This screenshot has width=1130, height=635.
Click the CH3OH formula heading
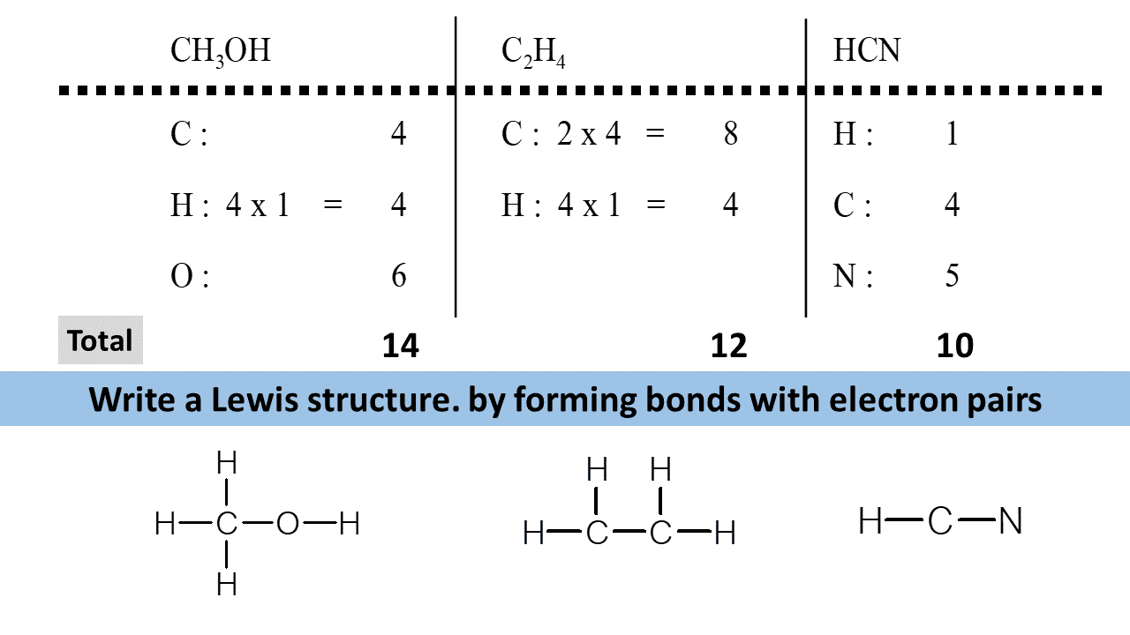click(x=220, y=52)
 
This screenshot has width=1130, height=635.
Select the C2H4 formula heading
click(x=532, y=52)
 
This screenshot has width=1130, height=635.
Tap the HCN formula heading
click(x=866, y=51)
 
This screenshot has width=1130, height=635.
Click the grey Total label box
click(x=100, y=340)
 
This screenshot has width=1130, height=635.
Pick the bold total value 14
click(x=400, y=346)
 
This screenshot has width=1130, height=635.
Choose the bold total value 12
click(x=728, y=346)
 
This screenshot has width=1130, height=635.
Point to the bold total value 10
click(x=954, y=346)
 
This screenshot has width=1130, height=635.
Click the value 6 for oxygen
click(x=399, y=276)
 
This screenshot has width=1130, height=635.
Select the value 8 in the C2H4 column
click(x=730, y=134)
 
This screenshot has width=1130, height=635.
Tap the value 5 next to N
click(x=952, y=276)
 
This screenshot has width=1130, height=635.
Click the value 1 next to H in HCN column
click(x=952, y=134)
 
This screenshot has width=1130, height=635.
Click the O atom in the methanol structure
click(x=289, y=525)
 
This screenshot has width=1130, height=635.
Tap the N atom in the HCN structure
click(x=1011, y=522)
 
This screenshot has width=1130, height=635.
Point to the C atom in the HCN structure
click(x=940, y=522)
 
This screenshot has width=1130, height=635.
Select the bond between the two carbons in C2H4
click(x=629, y=533)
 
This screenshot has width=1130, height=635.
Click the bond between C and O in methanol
click(x=257, y=525)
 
